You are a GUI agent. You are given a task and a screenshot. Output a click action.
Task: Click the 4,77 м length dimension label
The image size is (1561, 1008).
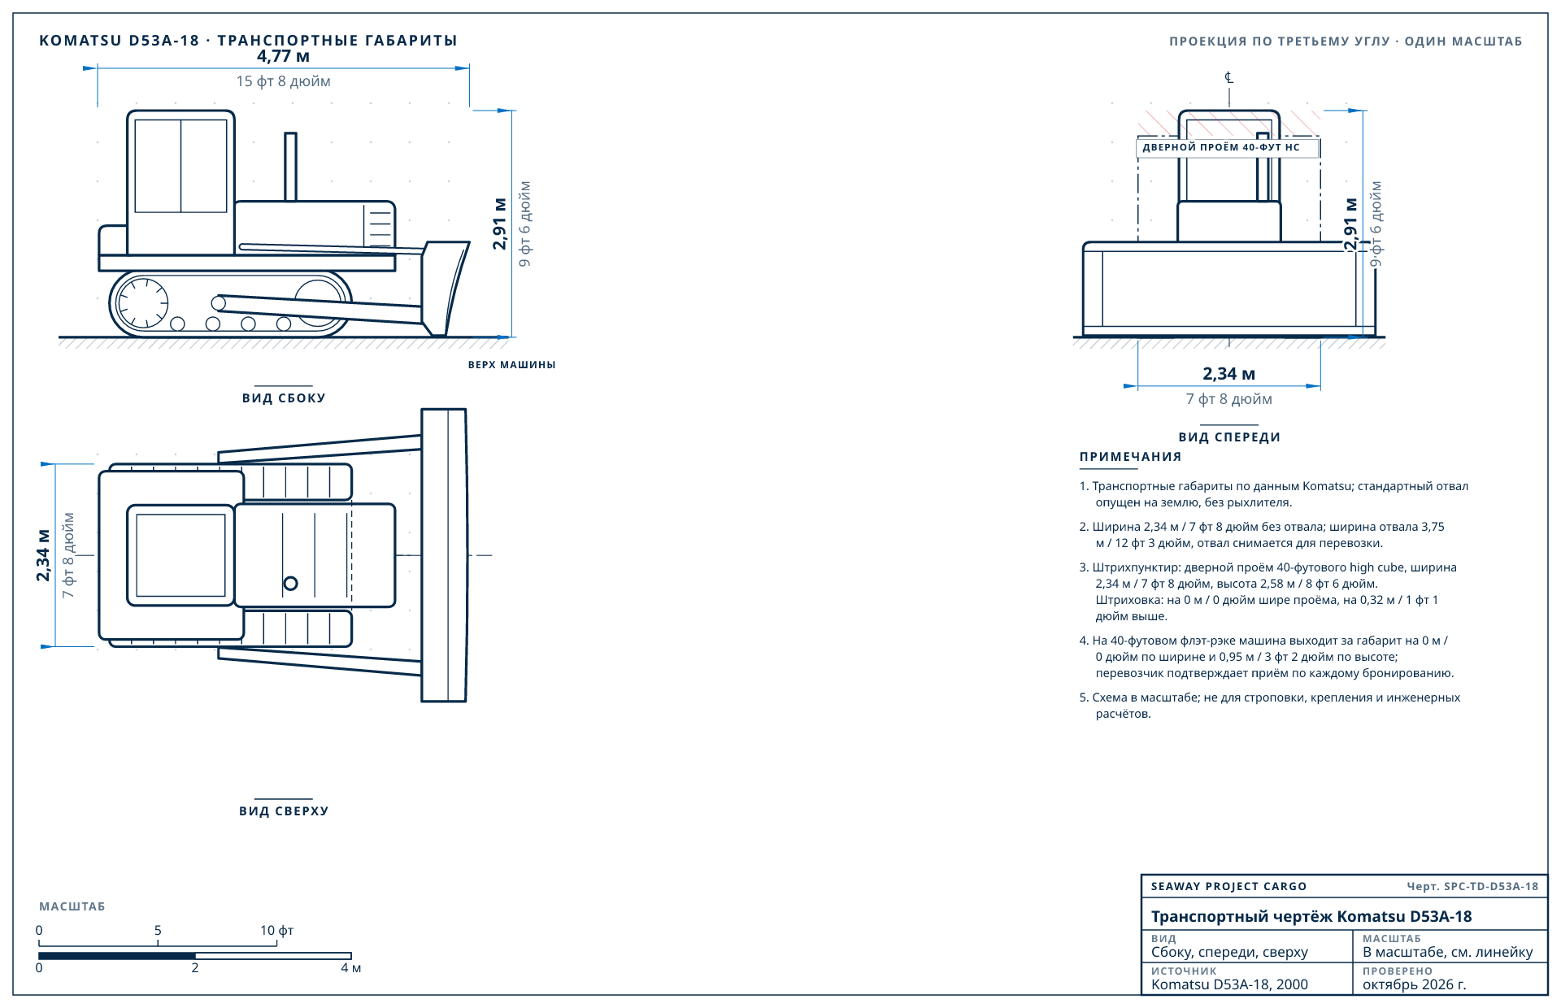click(x=283, y=56)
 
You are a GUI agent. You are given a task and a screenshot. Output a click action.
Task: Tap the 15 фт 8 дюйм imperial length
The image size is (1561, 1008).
click(x=283, y=81)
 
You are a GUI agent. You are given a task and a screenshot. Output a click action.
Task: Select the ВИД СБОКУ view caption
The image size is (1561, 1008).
click(x=284, y=398)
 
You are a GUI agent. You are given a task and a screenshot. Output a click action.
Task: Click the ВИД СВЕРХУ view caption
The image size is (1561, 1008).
click(x=284, y=811)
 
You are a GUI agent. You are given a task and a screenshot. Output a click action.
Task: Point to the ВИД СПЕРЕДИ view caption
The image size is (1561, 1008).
click(x=1229, y=437)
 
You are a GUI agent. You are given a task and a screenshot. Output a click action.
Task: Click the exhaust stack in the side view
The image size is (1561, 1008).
click(x=290, y=167)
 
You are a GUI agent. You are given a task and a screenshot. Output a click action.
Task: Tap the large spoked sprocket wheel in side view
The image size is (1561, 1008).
click(x=143, y=303)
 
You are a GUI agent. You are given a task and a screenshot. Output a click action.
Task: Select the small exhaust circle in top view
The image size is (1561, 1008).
click(x=290, y=583)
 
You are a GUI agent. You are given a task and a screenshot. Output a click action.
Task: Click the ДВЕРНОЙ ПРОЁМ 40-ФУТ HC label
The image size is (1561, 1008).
click(x=1221, y=147)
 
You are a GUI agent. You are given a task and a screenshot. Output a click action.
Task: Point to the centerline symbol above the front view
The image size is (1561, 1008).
click(x=1229, y=78)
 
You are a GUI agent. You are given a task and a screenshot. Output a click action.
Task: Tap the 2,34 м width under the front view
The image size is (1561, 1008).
click(x=1229, y=374)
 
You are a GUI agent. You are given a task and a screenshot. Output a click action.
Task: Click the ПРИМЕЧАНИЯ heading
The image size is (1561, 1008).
click(x=1131, y=457)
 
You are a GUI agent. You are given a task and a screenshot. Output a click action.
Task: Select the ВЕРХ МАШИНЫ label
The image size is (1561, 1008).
click(x=512, y=365)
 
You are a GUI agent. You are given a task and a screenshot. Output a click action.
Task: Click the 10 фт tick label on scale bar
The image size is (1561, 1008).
click(x=277, y=931)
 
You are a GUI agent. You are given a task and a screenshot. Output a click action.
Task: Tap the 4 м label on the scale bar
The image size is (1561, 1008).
click(x=351, y=968)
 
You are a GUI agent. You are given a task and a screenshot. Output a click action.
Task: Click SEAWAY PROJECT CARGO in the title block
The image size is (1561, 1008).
click(x=1228, y=887)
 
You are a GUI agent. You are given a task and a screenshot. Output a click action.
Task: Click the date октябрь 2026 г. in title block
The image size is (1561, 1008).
click(x=1415, y=984)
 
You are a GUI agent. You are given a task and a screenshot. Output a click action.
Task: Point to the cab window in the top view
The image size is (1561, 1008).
click(x=180, y=555)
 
